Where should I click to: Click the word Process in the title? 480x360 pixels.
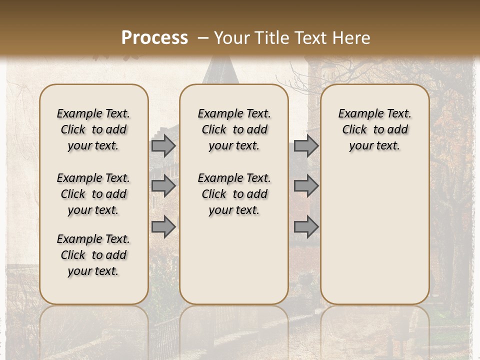click(x=154, y=38)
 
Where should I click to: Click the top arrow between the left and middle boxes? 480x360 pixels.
click(x=163, y=145)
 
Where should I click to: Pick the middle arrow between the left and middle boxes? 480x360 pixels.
click(x=163, y=186)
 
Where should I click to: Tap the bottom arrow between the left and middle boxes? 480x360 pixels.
click(x=163, y=227)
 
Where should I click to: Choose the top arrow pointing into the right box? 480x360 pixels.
click(x=306, y=145)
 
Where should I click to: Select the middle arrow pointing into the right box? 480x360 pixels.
click(x=306, y=186)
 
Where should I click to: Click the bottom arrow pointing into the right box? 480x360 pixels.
click(x=306, y=227)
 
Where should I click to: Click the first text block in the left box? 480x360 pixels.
click(x=93, y=129)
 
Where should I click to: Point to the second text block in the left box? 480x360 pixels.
click(x=93, y=194)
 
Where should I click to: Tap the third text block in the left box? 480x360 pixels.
click(x=93, y=255)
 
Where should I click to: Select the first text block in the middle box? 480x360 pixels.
click(x=234, y=129)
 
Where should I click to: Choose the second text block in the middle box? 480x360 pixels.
click(x=234, y=194)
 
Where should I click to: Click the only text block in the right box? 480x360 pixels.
click(x=374, y=129)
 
